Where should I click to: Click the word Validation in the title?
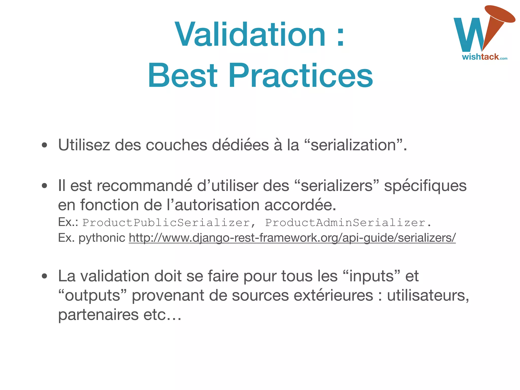tap(250, 35)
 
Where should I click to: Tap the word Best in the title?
tap(183, 75)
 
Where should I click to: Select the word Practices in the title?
tap(301, 75)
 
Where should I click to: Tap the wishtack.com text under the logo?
tap(484, 57)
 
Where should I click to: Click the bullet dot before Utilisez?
tap(45, 145)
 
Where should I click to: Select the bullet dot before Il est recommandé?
tap(45, 186)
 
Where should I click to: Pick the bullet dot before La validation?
tap(45, 276)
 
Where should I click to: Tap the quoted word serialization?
tap(353, 145)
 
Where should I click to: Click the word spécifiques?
tap(425, 186)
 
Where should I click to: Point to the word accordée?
tap(300, 205)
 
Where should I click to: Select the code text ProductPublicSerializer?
tap(166, 223)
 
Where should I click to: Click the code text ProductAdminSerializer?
tap(345, 223)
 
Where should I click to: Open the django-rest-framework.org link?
tap(292, 238)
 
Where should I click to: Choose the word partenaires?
tap(98, 315)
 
